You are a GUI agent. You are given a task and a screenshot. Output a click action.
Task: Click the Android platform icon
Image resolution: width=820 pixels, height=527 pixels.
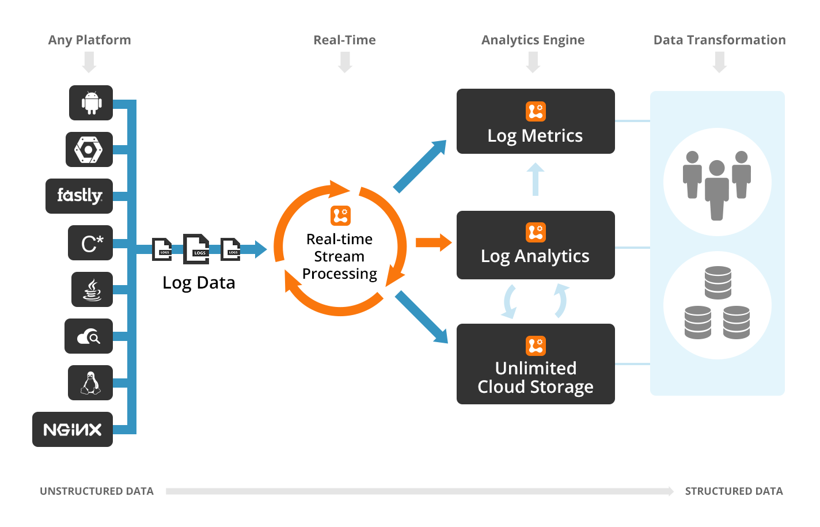point(91,103)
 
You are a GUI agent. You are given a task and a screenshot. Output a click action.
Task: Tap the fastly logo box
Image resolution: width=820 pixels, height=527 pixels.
point(79,196)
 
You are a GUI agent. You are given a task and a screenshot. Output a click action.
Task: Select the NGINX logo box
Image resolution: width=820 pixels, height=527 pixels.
point(73,429)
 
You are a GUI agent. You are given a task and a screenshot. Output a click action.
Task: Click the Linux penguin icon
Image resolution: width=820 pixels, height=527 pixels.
point(90,382)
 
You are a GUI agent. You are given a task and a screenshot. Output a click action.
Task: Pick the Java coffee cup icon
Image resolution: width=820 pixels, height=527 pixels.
point(92,289)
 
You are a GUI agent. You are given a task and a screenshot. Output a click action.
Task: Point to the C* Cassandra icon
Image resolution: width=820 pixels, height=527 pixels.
point(90,243)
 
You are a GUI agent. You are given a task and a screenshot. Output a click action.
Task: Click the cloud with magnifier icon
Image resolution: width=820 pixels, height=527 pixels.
point(89,336)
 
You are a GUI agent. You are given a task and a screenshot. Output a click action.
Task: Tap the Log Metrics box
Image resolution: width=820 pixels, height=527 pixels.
point(536,122)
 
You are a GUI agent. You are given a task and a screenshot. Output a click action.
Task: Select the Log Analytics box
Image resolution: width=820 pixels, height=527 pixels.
point(536,245)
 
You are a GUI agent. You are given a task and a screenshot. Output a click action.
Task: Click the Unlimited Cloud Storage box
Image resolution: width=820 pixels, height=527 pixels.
point(536,364)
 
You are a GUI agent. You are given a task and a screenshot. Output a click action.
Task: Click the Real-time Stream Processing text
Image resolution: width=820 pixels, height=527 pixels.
point(340,256)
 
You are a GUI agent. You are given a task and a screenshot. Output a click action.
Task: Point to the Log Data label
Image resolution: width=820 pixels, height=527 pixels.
point(199,283)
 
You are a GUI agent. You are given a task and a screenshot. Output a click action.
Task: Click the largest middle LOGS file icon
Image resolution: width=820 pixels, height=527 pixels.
point(196,249)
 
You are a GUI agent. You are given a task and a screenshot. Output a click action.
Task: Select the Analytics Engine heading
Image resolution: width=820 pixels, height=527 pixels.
point(533,40)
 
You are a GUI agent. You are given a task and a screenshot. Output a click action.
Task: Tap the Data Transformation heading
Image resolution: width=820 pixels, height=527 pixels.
point(719,40)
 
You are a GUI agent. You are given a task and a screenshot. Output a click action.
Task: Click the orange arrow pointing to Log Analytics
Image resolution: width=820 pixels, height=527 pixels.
point(433,242)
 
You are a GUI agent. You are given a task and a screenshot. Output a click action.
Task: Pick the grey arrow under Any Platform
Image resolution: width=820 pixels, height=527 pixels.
point(89,62)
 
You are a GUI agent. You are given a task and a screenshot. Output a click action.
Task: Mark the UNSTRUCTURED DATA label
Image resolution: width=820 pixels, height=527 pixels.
point(97,491)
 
